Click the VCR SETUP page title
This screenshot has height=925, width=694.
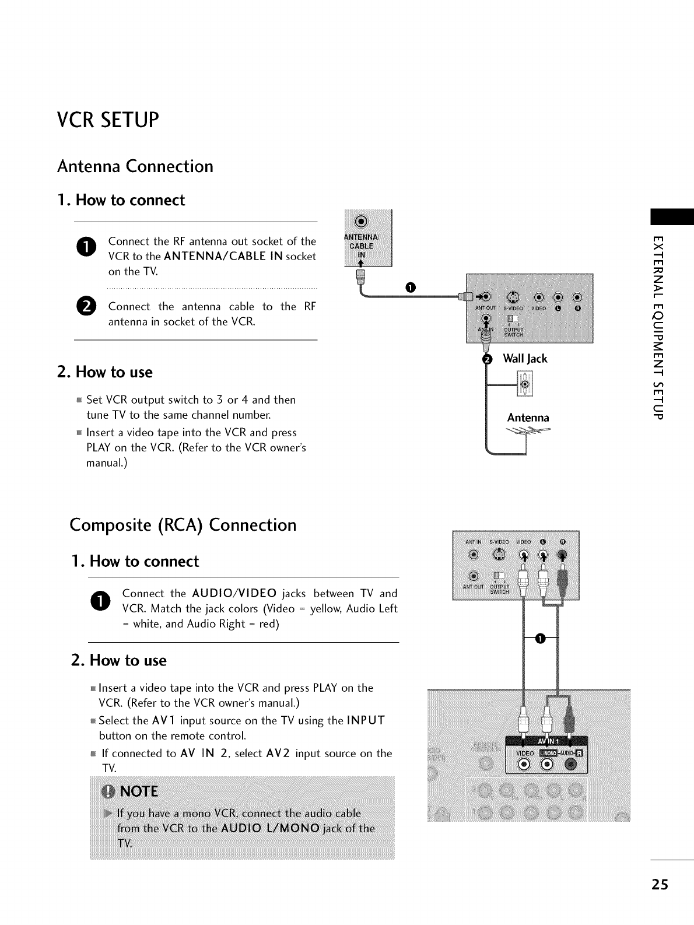tap(108, 120)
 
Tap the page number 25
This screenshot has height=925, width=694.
tap(660, 884)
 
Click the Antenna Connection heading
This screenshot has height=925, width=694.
tap(135, 166)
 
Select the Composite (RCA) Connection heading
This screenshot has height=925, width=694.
tap(183, 525)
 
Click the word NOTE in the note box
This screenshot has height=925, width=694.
tap(139, 791)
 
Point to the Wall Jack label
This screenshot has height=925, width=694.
tap(525, 359)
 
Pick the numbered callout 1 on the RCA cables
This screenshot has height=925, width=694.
tap(541, 640)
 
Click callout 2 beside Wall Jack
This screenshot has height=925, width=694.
tap(488, 359)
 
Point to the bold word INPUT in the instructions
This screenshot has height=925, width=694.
tap(366, 720)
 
